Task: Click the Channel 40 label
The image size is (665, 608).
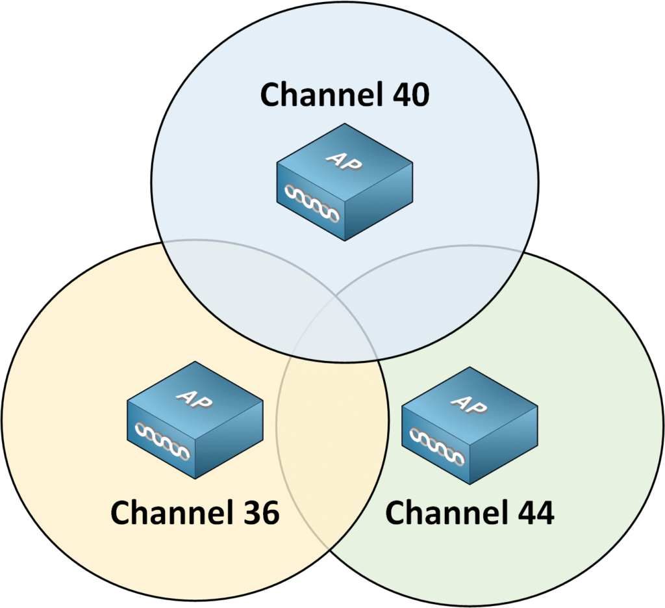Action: (x=344, y=95)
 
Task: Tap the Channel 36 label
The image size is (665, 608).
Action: (x=194, y=513)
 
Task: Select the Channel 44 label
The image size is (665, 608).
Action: (x=470, y=513)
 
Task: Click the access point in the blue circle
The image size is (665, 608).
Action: (x=344, y=182)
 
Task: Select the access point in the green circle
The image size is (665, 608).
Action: (x=470, y=426)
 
